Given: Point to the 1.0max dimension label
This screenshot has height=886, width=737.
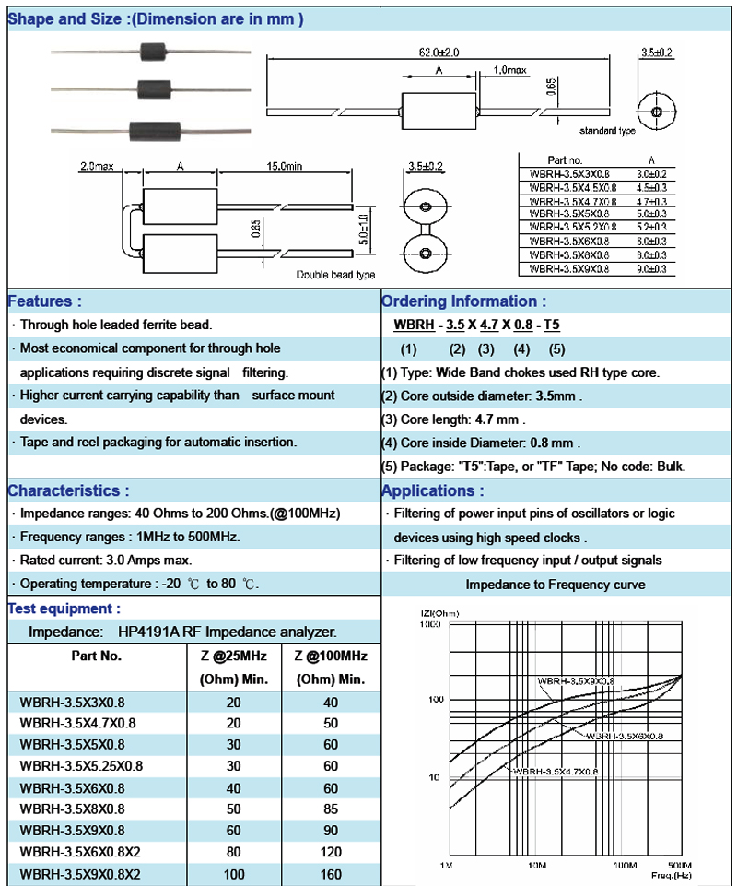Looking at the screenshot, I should pyautogui.click(x=509, y=70).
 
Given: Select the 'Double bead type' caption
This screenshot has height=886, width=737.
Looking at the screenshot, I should pyautogui.click(x=335, y=275).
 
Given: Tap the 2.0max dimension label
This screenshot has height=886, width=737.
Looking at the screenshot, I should pyautogui.click(x=96, y=166).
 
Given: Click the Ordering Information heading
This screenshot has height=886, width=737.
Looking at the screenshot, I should pyautogui.click(x=463, y=301).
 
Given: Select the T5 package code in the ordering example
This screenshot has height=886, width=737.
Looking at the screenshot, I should pyautogui.click(x=552, y=325).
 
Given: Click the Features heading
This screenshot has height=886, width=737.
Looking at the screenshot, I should pyautogui.click(x=44, y=301).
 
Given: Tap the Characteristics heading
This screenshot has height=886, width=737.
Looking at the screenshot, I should pyautogui.click(x=68, y=490).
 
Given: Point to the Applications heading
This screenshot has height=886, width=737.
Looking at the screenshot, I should pyautogui.click(x=432, y=490).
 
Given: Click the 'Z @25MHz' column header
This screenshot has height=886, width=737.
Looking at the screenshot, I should pyautogui.click(x=234, y=656).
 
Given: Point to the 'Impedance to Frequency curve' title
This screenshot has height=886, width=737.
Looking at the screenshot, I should pyautogui.click(x=556, y=585).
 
